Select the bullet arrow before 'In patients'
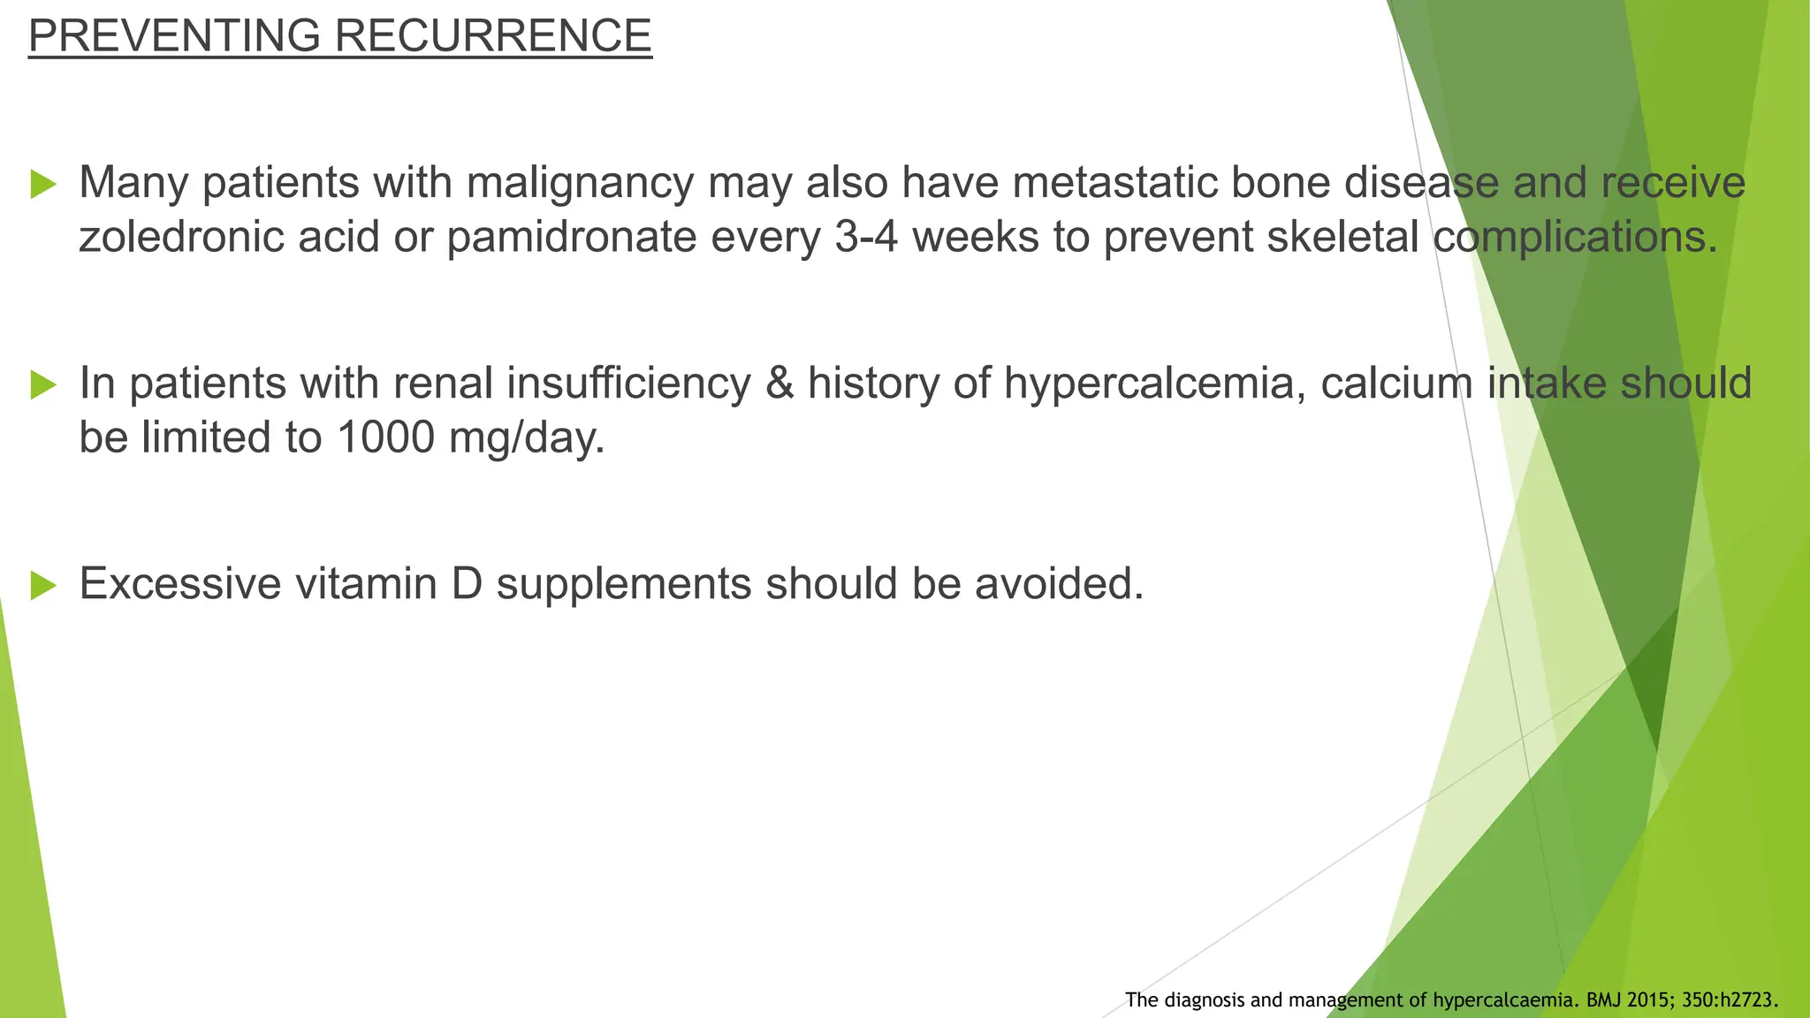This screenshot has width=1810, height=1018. tap(43, 384)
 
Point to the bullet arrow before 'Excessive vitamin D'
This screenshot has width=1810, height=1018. tap(43, 585)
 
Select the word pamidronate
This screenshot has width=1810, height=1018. tap(571, 237)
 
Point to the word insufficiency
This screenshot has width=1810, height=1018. tap(627, 384)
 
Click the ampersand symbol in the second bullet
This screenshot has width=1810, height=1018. tap(779, 384)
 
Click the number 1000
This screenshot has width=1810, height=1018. tap(385, 437)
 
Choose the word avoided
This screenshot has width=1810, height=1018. tap(1059, 583)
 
